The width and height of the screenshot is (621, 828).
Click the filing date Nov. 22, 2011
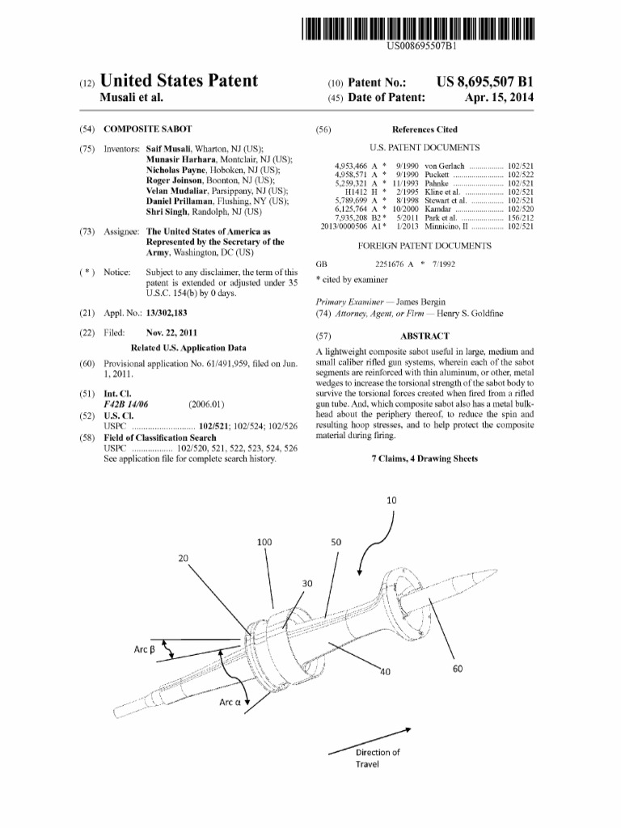pyautogui.click(x=174, y=333)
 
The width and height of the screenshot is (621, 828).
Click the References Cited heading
pyautogui.click(x=425, y=129)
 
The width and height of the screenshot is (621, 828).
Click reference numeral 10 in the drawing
pyautogui.click(x=391, y=501)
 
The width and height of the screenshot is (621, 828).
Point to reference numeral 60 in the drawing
pyautogui.click(x=458, y=668)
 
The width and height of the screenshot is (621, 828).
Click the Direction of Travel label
pyautogui.click(x=378, y=758)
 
